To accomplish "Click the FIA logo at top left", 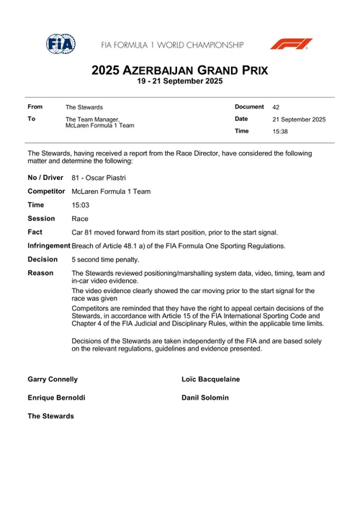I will pos(60,44).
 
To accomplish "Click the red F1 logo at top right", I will pos(291,44).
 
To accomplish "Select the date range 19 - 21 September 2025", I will pos(179,83).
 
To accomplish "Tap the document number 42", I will pos(276,107).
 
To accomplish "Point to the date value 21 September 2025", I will pos(299,120).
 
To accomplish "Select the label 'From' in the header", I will pos(35,107).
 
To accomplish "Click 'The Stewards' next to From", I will pos(84,107).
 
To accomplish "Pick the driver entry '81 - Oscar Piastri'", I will pos(99,177).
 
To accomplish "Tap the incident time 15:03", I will pos(81,205).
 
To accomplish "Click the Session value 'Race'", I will pos(80,219).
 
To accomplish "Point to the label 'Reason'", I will pos(40,274).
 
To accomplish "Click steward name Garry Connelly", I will pos(53,379).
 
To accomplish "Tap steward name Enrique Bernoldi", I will pos(56,397).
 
